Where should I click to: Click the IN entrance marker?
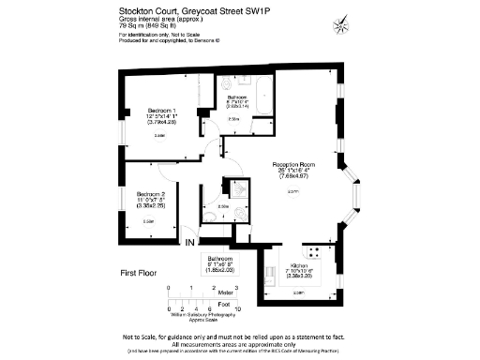[190, 243]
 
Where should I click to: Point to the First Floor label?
[142, 273]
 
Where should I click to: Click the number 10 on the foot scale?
[238, 308]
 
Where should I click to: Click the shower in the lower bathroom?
[238, 188]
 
